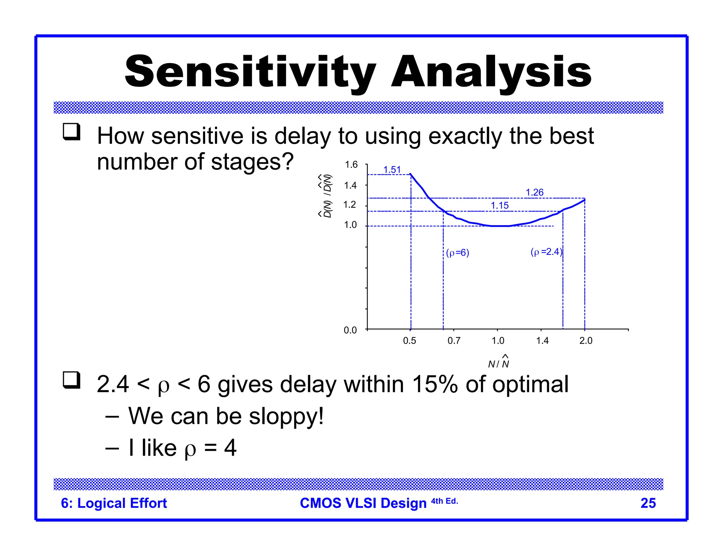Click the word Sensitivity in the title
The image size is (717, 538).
[x=250, y=72]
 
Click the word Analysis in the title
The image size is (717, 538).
[x=491, y=72]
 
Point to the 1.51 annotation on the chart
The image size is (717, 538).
[x=392, y=170]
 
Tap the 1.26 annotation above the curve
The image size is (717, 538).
[x=535, y=192]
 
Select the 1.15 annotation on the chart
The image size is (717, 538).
[x=500, y=206]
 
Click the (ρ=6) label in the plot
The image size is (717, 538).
[x=458, y=253]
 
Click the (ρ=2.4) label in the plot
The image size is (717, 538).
[x=546, y=251]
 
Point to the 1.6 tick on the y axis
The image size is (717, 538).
[x=351, y=165]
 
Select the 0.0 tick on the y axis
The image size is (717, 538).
[x=350, y=330]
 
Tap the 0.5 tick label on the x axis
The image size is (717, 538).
[x=410, y=340]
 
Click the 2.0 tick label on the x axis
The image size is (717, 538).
[x=586, y=340]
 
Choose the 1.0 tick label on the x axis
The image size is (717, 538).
[x=498, y=340]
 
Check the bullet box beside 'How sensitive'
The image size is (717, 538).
[x=71, y=132]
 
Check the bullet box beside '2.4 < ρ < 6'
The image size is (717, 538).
[x=71, y=380]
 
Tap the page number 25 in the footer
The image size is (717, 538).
[x=648, y=503]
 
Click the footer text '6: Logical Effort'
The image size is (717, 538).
[x=114, y=503]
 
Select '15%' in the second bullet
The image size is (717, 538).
[x=434, y=384]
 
